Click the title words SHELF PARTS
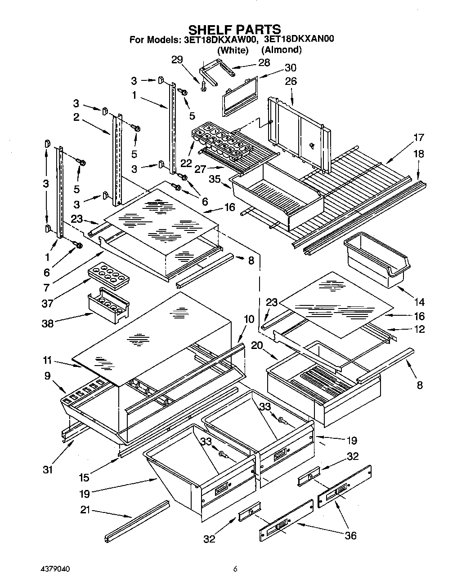coord(234,30)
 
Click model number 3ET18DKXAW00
coord(220,40)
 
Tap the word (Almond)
coord(282,50)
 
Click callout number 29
coord(178,60)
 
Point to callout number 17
coord(418,138)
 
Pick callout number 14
coord(419,302)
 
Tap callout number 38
coord(47,323)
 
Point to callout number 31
coord(48,470)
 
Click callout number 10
coord(249,319)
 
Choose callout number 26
coord(291,81)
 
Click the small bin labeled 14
coord(376,259)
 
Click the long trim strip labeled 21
coord(137,521)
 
